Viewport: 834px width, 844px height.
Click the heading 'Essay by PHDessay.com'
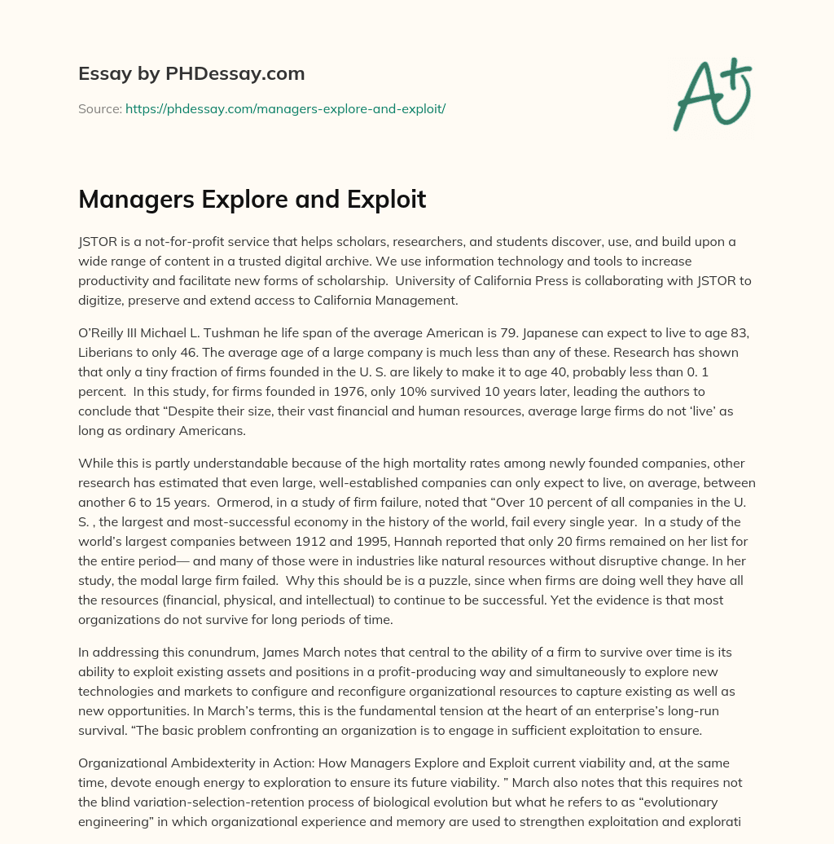pos(191,74)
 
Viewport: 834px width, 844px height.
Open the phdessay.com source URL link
pos(285,108)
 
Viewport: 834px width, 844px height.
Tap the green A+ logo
pos(712,94)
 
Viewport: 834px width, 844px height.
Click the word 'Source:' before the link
pos(100,108)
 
